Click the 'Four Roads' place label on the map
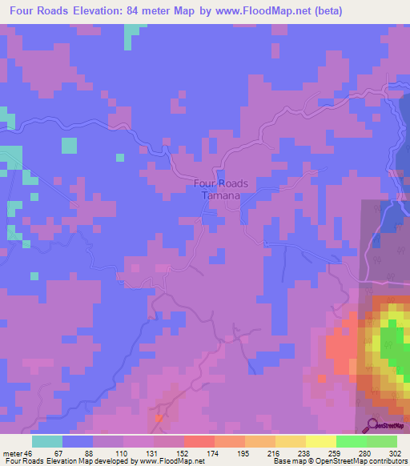[x=221, y=183]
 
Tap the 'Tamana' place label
[x=221, y=195]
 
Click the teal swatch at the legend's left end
[x=46, y=441]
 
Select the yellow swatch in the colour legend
[x=290, y=441]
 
